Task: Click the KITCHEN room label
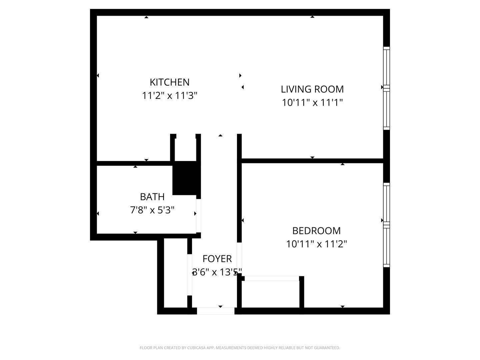point(170,82)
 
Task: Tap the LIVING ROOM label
point(312,89)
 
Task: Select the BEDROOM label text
point(316,231)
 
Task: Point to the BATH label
point(152,197)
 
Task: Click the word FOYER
point(217,259)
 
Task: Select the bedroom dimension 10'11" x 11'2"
point(316,244)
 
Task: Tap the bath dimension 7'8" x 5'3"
point(152,210)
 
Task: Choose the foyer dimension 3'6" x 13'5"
point(217,272)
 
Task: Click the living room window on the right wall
point(386,88)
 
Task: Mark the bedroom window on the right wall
point(386,224)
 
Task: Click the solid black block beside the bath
point(185,178)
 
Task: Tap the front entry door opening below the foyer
point(216,311)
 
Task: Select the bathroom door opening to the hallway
point(198,215)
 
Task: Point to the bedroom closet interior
point(270,294)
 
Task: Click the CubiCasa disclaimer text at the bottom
point(240,348)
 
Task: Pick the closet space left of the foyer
point(176,273)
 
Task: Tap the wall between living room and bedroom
point(312,161)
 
